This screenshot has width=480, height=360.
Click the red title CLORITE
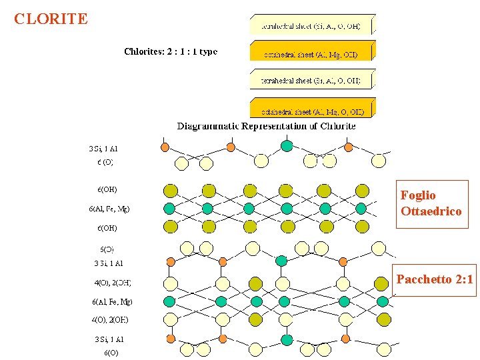pyautogui.click(x=51, y=19)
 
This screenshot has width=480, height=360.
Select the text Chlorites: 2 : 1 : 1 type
pyautogui.click(x=171, y=51)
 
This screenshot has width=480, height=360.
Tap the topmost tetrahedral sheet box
pyautogui.click(x=311, y=25)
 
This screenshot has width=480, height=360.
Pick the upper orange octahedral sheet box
pyautogui.click(x=311, y=53)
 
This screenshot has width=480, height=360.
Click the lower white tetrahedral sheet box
pyautogui.click(x=311, y=80)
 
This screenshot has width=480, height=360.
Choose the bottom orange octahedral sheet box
pyautogui.click(x=311, y=110)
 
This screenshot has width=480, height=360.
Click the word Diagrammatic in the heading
pyautogui.click(x=207, y=126)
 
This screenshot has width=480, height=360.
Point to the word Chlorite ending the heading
pyautogui.click(x=338, y=126)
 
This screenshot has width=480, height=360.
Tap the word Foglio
pyautogui.click(x=418, y=195)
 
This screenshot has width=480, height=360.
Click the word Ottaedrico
pyautogui.click(x=431, y=211)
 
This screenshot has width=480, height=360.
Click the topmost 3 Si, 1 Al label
pyautogui.click(x=103, y=149)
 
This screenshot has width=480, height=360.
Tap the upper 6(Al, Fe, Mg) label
pyautogui.click(x=109, y=209)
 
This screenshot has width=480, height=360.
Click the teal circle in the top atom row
pyautogui.click(x=287, y=146)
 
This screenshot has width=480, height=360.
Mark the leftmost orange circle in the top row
pyautogui.click(x=165, y=147)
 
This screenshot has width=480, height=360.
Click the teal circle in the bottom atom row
pyautogui.click(x=287, y=340)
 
